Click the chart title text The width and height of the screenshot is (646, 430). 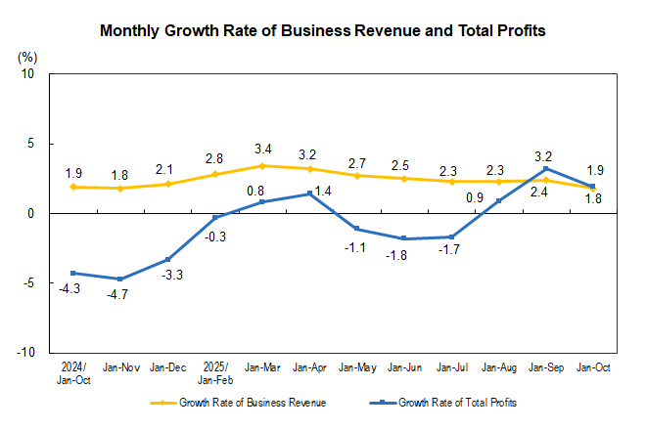323,31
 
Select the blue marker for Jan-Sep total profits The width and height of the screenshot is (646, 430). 545,168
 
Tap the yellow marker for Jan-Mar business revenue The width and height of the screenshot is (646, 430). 262,166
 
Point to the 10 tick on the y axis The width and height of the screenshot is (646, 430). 27,74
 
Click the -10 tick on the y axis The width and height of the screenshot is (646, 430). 25,352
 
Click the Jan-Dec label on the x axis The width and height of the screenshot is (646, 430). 167,369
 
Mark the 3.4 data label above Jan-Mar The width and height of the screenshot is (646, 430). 262,150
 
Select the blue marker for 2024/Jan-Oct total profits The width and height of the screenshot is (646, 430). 73,273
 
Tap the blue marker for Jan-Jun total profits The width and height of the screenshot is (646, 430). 404,238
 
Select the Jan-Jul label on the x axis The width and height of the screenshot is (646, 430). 451,369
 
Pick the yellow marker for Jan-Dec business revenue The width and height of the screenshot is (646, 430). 167,184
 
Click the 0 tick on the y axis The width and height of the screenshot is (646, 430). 30,213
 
